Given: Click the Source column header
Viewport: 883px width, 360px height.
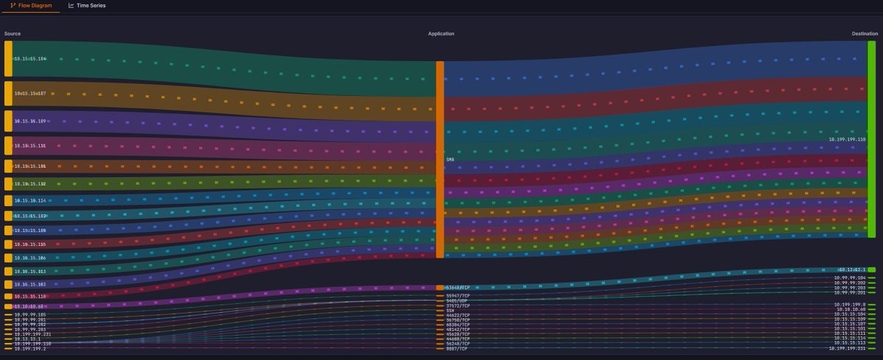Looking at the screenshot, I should pos(13,34).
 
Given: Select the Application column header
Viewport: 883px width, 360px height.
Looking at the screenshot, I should pos(441,34).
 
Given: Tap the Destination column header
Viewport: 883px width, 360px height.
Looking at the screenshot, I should pos(864,34).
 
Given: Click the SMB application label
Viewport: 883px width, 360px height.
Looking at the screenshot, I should pos(450,159).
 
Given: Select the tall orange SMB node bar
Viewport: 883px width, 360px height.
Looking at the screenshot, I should pos(439,159).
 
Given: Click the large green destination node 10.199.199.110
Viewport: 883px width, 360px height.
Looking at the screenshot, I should pos(871,138).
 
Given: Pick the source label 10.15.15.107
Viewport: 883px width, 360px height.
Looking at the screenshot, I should pos(30,93).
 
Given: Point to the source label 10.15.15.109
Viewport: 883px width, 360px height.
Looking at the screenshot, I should pos(30,121).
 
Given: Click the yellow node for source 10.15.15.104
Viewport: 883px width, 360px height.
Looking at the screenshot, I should pos(8,59).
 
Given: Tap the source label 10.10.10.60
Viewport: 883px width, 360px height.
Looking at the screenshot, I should pos(29,306).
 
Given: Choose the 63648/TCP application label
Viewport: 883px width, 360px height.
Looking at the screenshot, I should pos(461,287).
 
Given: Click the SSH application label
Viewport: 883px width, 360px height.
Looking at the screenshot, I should pos(450,311).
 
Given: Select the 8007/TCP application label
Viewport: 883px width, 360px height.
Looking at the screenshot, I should pos(457,348).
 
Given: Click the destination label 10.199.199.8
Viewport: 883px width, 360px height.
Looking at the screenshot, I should pos(849,304).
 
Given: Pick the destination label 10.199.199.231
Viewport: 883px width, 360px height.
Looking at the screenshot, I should pos(847,348).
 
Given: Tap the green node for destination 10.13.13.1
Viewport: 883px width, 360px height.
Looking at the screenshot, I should pos(870,270).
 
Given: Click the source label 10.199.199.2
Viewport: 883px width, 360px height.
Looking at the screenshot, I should pos(28,348).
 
